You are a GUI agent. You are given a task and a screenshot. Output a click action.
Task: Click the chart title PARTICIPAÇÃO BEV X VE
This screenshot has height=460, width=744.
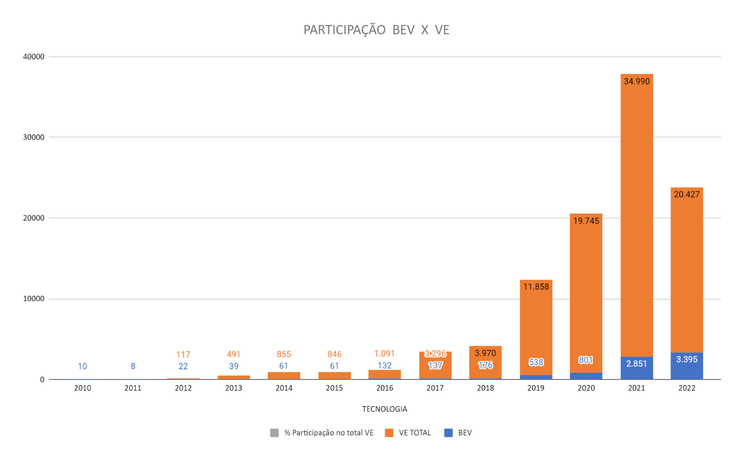point(376,30)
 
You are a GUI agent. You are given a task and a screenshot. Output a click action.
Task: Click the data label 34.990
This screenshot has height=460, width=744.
point(636,81)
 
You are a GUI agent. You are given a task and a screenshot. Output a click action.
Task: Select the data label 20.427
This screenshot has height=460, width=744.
point(686,194)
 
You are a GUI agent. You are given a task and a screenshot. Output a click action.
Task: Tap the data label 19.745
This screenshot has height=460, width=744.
point(586,221)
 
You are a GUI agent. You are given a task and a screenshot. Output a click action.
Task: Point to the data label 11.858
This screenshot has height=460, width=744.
point(536,286)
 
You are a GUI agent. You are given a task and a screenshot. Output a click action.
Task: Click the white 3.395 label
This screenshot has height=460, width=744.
point(686,359)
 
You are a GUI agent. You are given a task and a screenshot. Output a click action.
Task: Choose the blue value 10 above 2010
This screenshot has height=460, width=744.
point(82,366)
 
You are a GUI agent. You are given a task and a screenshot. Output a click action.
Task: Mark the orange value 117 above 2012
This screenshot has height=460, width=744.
point(183,355)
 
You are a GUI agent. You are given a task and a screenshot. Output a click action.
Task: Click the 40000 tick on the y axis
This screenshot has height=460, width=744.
point(34,56)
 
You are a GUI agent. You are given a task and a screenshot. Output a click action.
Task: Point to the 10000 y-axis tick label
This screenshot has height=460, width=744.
point(34,299)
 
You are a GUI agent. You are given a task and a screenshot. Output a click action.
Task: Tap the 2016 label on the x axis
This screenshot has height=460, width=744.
point(385,388)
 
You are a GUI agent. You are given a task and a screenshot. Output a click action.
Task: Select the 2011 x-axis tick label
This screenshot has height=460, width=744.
point(133,388)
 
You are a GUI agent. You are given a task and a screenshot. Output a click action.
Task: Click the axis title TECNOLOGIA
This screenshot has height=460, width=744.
point(385,409)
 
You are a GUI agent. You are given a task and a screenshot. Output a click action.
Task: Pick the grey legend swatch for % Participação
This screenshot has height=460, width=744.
point(274,433)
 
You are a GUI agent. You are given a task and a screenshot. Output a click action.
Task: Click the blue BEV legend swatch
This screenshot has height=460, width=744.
point(448,433)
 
